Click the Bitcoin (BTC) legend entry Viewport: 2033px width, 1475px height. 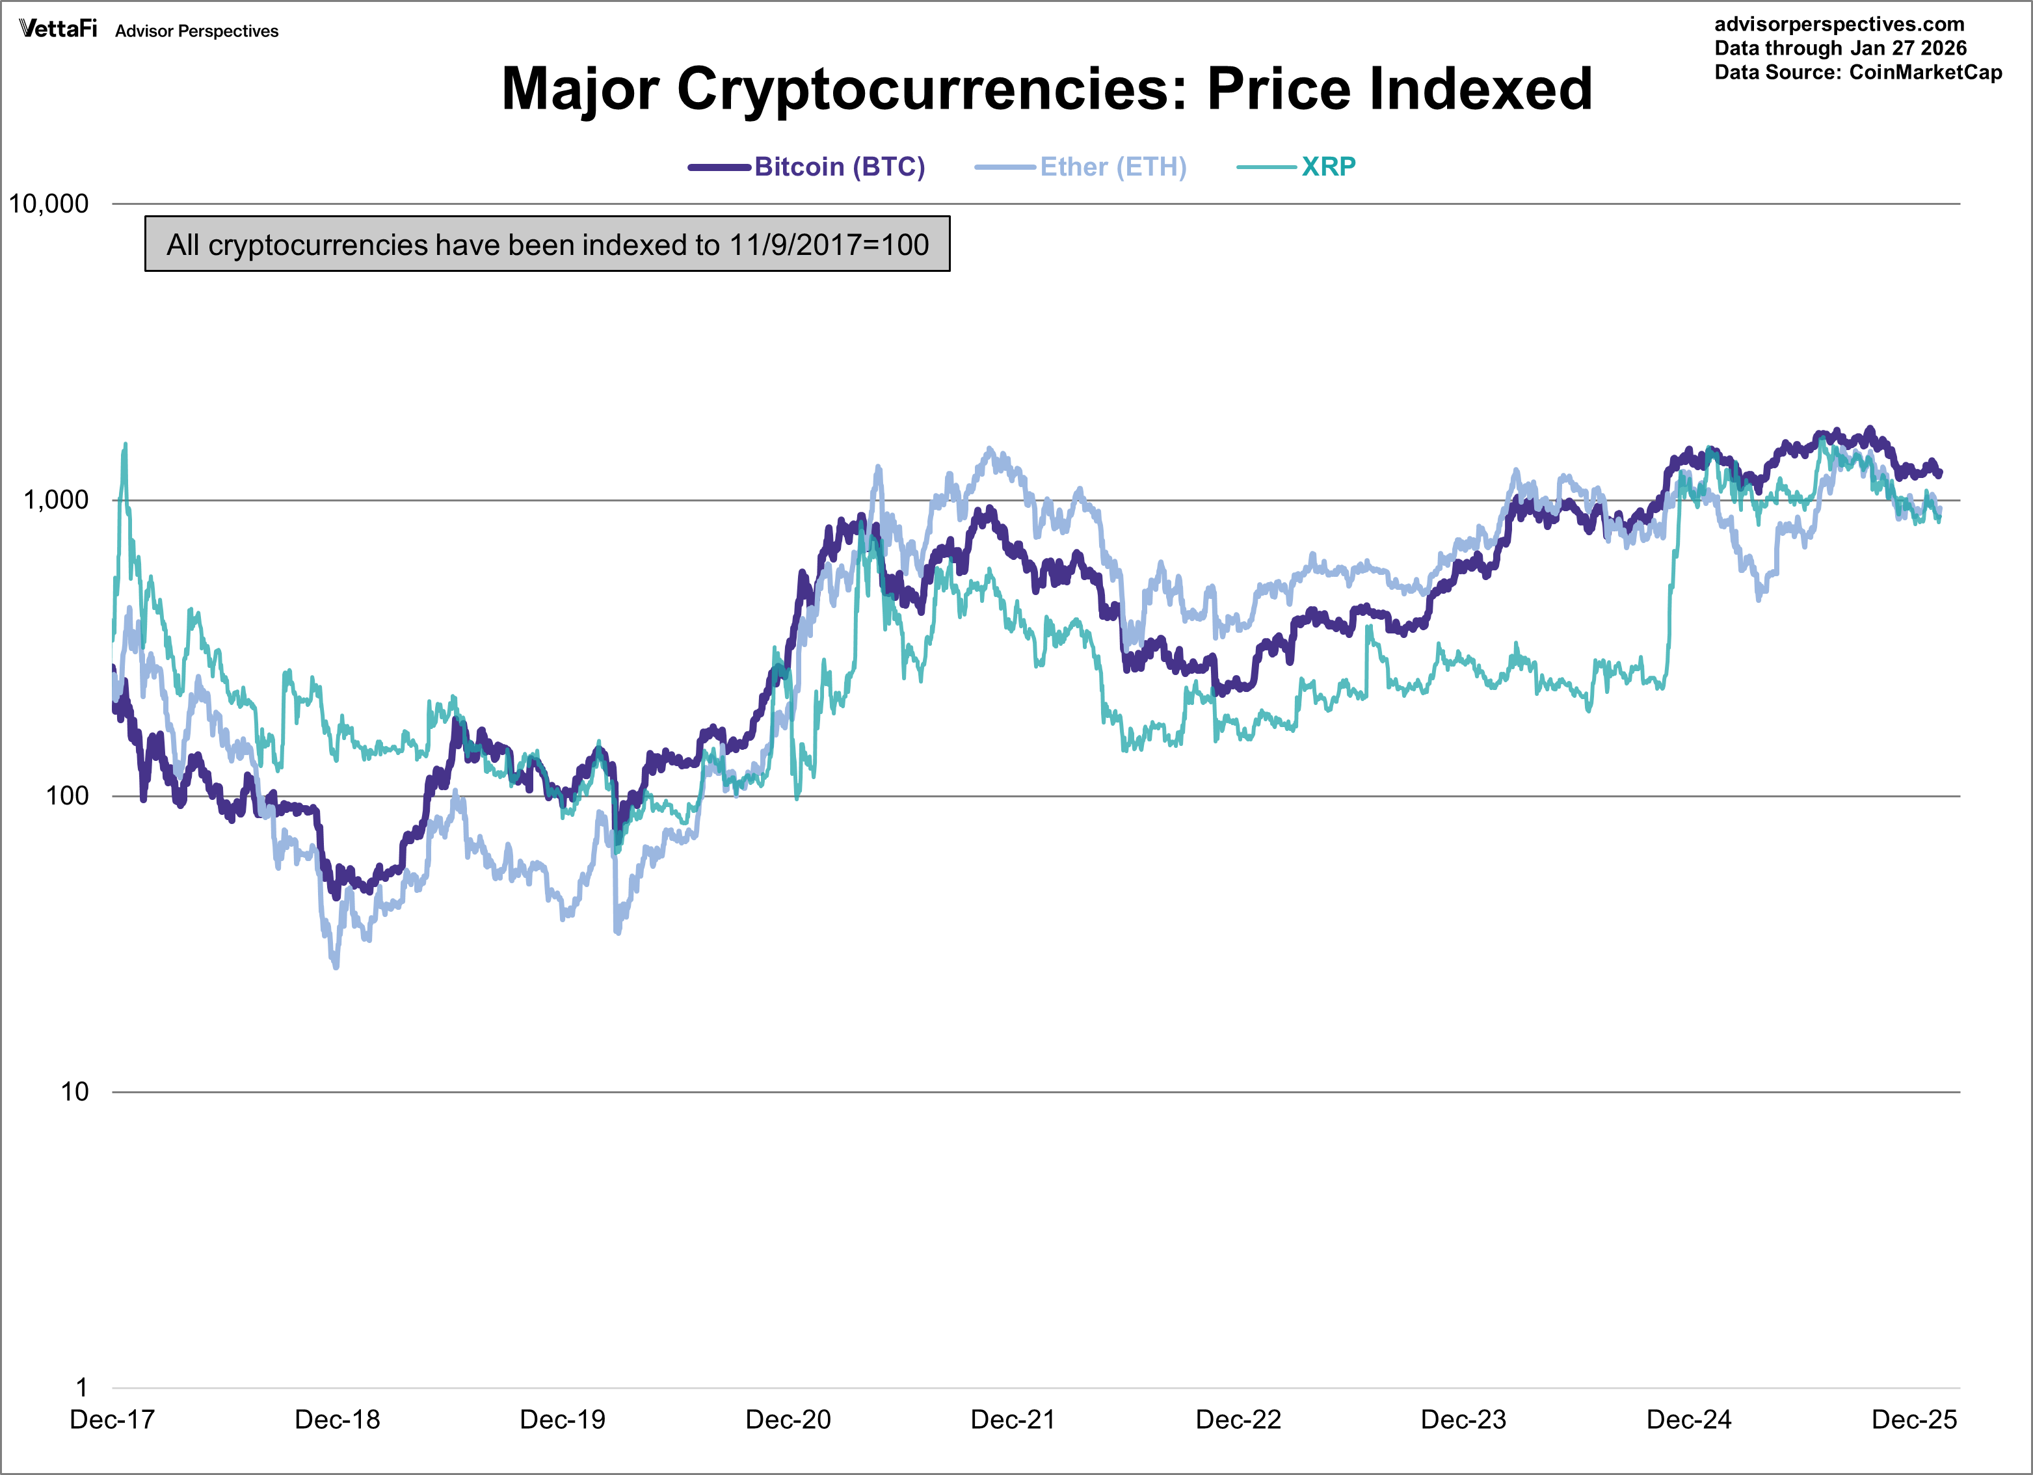coord(838,166)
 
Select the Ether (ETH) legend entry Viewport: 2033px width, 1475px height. coord(1112,166)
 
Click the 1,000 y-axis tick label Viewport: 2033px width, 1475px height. coord(55,500)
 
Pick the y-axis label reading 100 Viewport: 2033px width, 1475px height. coord(67,796)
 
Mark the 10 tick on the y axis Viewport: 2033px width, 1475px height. coord(74,1092)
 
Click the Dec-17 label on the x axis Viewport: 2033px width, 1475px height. coord(112,1420)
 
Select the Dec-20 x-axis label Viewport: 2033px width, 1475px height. coord(788,1420)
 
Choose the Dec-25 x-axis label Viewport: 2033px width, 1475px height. coord(1914,1420)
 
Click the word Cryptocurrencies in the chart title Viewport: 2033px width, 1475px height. coord(932,90)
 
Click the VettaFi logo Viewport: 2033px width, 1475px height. coord(59,29)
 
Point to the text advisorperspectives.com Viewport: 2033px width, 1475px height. coord(1839,24)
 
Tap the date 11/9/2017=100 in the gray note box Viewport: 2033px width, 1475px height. coord(829,245)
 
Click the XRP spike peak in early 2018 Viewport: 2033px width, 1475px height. coord(126,444)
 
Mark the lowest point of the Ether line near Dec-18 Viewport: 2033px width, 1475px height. coord(336,966)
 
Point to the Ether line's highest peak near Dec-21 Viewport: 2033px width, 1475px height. coord(990,448)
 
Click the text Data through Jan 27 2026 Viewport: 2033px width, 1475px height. coord(1840,48)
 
